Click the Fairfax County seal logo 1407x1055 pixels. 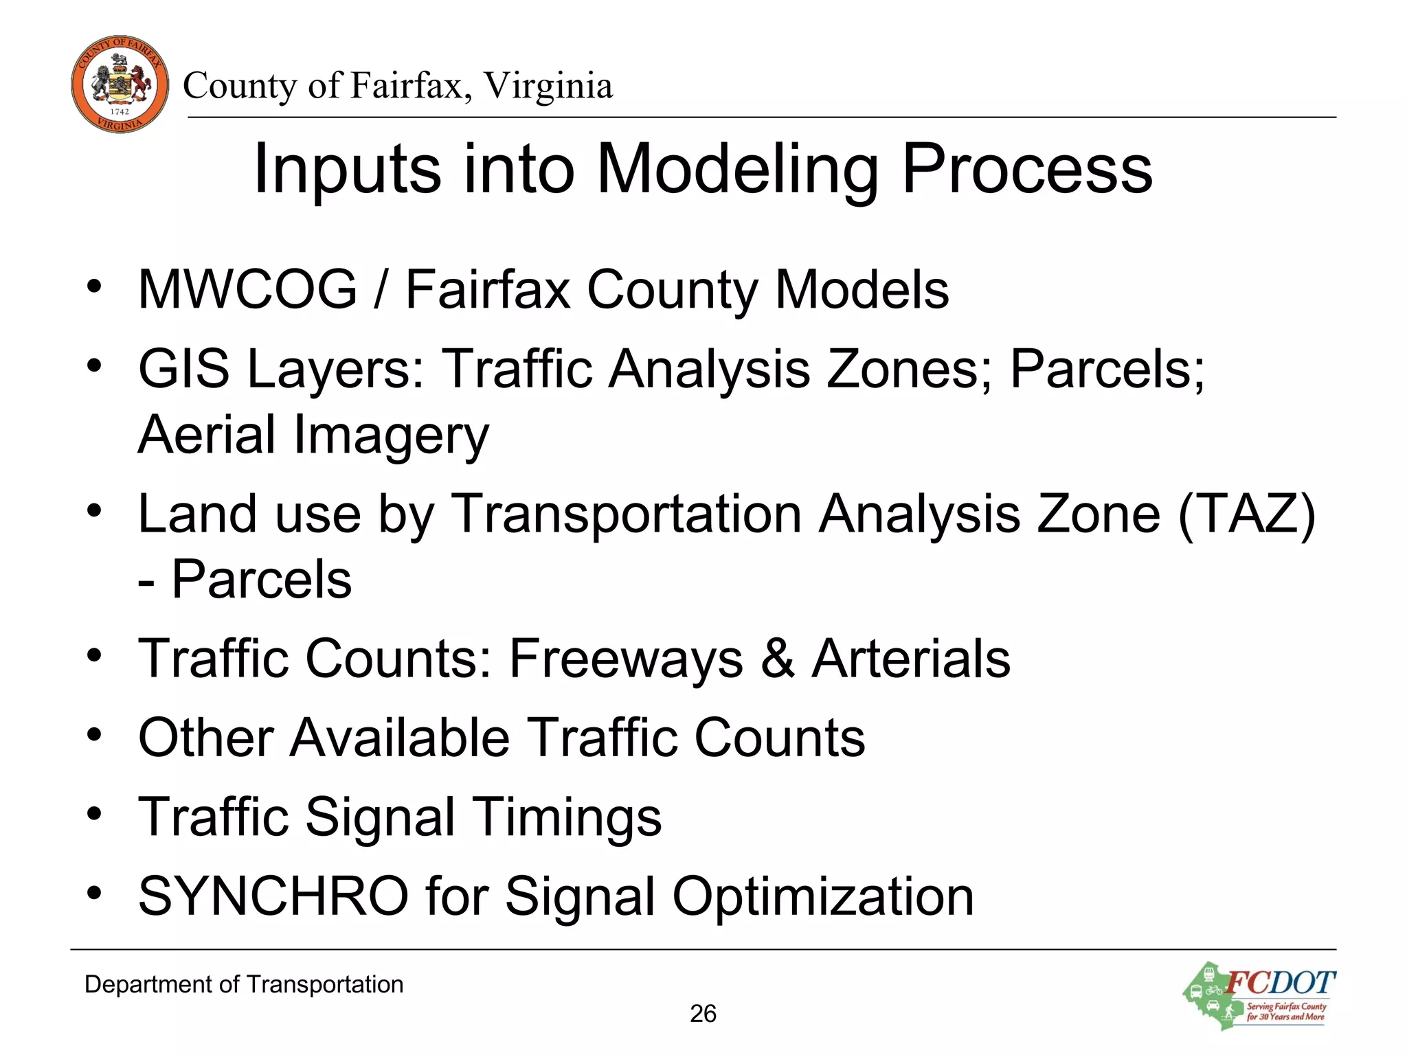coord(120,84)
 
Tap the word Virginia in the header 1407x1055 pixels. coord(548,86)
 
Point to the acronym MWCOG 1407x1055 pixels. coord(247,289)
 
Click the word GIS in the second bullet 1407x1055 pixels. coord(183,369)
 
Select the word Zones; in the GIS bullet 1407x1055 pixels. coord(910,369)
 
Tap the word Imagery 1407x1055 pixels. coord(392,435)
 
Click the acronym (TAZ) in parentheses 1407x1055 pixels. coord(1246,514)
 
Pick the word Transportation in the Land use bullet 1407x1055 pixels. coord(625,514)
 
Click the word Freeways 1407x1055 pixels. coord(626,658)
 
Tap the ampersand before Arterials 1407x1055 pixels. coord(778,658)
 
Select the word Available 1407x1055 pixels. coord(400,738)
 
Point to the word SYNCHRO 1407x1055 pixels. coord(273,896)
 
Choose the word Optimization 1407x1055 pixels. coord(823,896)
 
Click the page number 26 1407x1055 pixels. coord(703,1014)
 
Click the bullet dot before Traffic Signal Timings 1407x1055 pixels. coord(94,815)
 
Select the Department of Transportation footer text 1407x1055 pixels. coord(244,984)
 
